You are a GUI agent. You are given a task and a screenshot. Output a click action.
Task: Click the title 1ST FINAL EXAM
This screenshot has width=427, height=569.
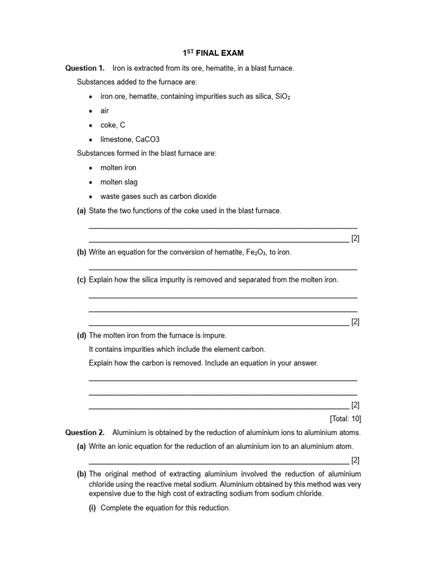tap(213, 53)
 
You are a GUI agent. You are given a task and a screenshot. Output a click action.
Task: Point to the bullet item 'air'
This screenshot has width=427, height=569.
tap(105, 111)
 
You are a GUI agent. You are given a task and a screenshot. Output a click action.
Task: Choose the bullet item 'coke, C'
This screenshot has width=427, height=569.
tap(113, 125)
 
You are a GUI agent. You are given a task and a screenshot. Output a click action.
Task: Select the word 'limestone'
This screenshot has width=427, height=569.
tap(116, 139)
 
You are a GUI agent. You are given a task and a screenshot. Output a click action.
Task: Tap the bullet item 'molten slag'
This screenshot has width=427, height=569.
tap(119, 182)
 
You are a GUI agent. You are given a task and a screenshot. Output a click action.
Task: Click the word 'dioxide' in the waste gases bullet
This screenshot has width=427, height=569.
tap(204, 196)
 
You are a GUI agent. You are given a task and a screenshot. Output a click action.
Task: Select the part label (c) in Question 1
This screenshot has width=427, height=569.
tap(81, 280)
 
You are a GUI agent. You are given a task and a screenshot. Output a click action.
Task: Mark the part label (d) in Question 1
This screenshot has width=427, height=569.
tap(81, 336)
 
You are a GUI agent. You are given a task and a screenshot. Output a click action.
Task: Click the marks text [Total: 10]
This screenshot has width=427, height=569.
tap(345, 419)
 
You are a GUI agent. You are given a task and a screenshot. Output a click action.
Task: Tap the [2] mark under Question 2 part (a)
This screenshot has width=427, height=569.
tap(355, 460)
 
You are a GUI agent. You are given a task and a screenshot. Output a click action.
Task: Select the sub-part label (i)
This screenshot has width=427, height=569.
tap(93, 508)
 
